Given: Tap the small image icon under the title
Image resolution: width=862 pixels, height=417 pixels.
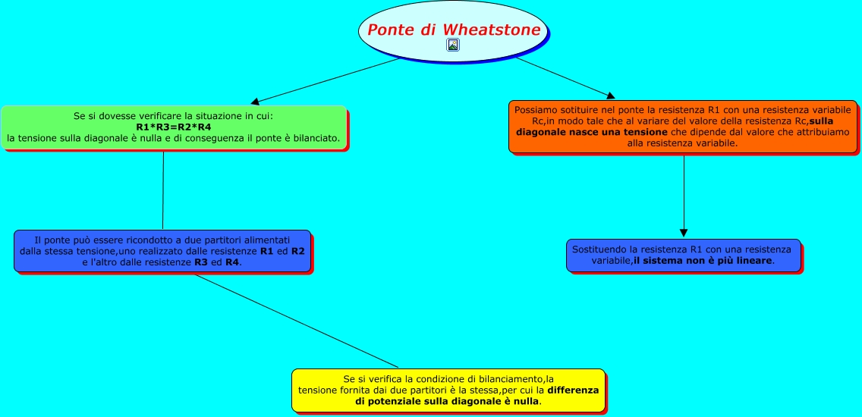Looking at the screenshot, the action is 453,45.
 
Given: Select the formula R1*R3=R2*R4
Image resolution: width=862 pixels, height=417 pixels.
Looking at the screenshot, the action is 174,127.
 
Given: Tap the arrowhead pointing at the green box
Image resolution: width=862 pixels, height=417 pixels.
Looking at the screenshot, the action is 256,102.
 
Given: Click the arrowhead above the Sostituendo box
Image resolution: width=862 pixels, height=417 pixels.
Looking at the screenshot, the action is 684,232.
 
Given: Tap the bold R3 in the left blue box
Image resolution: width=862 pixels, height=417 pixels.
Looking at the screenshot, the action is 201,262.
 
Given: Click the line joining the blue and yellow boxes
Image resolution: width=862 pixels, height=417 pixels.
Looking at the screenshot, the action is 296,321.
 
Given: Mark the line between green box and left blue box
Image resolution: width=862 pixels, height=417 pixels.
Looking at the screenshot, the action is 163,190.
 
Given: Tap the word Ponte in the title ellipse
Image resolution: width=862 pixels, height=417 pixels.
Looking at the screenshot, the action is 392,30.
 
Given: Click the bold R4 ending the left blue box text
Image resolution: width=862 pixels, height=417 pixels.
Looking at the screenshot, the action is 231,262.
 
